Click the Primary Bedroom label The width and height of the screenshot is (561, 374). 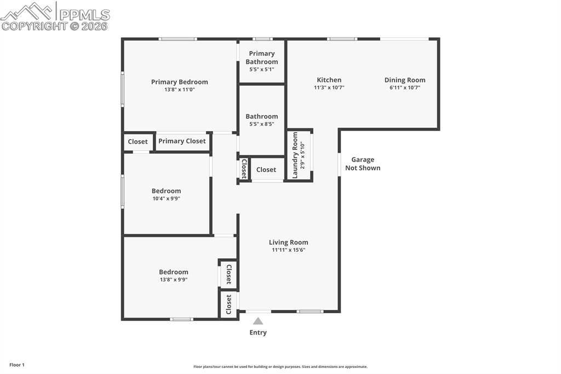[179, 82]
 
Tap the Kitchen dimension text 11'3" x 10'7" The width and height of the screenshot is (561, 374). [329, 88]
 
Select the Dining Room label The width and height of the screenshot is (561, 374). [405, 80]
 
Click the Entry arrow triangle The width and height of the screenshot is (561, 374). [257, 321]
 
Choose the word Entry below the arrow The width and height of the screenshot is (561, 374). [258, 332]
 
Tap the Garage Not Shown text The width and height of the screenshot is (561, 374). [363, 164]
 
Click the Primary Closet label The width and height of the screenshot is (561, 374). [182, 141]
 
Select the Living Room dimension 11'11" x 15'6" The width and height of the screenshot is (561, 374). [288, 250]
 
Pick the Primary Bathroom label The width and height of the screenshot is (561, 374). [262, 58]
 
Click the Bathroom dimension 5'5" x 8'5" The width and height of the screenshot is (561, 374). [261, 124]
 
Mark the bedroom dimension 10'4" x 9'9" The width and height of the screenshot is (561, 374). [166, 199]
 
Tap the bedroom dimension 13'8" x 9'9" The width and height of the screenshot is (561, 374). [173, 280]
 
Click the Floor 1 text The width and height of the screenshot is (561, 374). [17, 365]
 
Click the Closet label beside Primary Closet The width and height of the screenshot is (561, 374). [138, 141]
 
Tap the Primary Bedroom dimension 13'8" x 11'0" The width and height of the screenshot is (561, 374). [179, 89]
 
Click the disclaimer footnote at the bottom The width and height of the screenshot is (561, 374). [280, 367]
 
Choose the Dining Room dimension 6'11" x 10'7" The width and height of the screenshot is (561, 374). [405, 88]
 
